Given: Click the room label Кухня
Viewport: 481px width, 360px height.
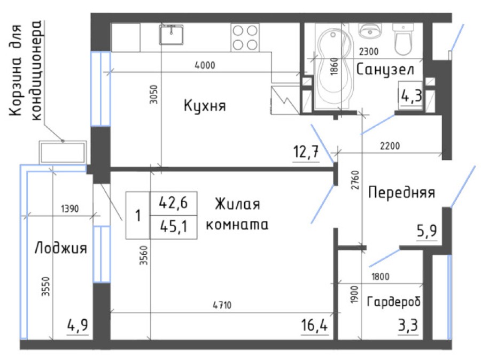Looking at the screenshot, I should coord(205,105).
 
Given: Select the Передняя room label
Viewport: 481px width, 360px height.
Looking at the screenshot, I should coord(401,192).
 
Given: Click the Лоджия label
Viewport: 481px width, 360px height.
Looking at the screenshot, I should coord(61,248).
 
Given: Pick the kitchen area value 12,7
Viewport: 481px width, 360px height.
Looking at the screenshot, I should coord(306,153).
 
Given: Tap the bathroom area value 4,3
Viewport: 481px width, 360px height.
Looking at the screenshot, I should coord(412,97).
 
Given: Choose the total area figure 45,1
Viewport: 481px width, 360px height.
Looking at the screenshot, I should coord(174,225).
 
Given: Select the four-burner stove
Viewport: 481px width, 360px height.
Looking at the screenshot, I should coord(244,36).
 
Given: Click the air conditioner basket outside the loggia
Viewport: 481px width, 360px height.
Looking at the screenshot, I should coord(63,152).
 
